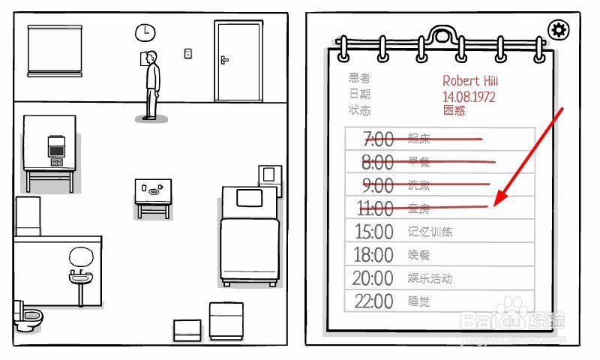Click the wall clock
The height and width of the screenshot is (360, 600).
click(x=145, y=32)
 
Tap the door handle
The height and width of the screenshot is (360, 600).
click(x=223, y=59)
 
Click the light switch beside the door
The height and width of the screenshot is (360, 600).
click(x=188, y=53)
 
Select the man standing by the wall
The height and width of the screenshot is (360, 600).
click(x=152, y=84)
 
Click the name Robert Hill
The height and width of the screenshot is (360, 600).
click(x=471, y=81)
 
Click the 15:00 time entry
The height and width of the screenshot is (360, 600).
click(x=373, y=232)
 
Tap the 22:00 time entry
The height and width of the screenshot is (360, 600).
click(x=373, y=301)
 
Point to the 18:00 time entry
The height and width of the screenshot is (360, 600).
click(x=373, y=255)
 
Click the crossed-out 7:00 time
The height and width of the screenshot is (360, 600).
click(x=378, y=139)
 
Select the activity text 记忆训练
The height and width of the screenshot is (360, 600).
click(x=430, y=232)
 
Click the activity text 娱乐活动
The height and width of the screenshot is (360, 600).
click(x=430, y=278)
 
